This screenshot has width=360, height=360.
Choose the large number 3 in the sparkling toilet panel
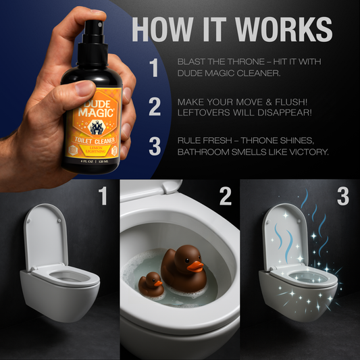click(344, 196)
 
